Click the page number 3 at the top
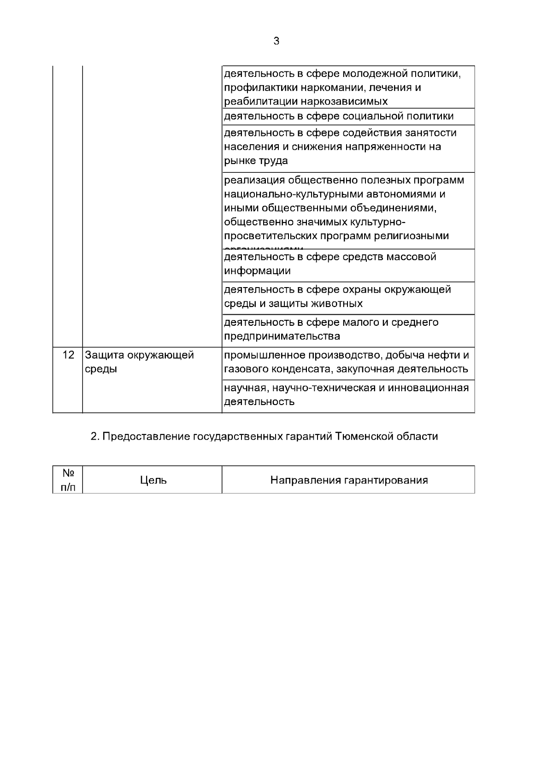tap(276, 41)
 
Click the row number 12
tap(68, 355)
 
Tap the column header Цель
tap(153, 481)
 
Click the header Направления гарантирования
tap(348, 481)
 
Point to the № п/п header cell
tap(68, 480)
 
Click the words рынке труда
tap(256, 161)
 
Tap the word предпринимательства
tap(282, 336)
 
